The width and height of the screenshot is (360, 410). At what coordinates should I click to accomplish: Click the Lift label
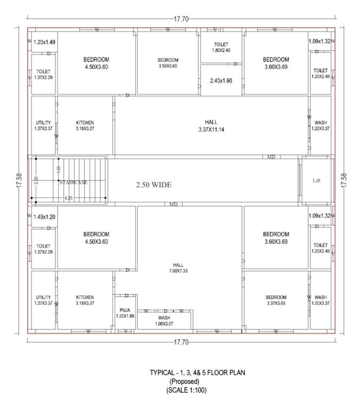pos(317,180)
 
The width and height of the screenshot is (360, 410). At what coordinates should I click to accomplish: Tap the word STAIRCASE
pos(74,182)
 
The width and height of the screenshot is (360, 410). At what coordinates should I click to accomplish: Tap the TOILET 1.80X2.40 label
pos(221,48)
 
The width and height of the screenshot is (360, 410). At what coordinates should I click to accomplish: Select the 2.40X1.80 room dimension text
pos(221,81)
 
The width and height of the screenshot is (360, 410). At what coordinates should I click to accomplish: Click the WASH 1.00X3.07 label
pos(164,321)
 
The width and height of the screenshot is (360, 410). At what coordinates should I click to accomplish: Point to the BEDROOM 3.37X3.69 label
pos(276,301)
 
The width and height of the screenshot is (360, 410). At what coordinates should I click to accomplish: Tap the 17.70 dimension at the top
pos(181,19)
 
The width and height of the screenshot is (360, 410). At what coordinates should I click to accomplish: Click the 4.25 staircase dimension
pos(69,198)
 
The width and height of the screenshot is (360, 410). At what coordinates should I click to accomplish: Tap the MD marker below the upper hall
pos(271,157)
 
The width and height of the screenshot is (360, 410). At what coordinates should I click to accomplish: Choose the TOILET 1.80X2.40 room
pos(221,48)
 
